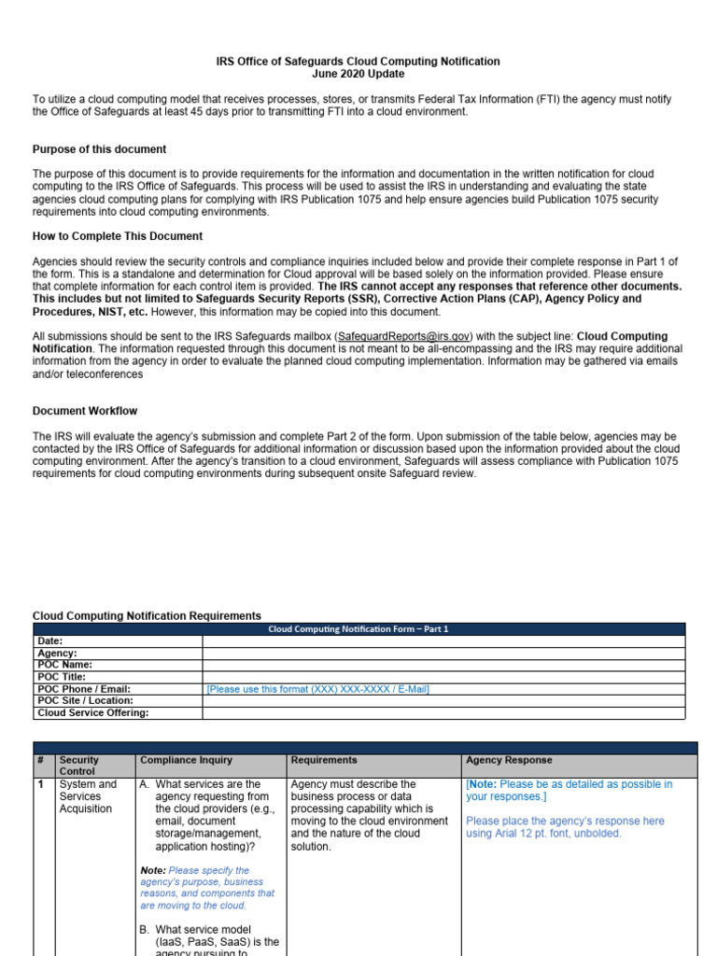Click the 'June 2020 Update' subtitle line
click(x=358, y=74)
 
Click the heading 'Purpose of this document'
click(x=100, y=149)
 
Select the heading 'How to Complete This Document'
click(x=118, y=236)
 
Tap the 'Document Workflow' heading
click(x=85, y=411)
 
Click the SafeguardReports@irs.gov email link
click(x=404, y=336)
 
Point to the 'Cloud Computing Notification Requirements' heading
click(x=147, y=616)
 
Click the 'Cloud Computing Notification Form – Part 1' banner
click(x=358, y=629)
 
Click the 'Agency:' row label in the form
click(x=57, y=654)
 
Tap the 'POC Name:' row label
click(x=64, y=665)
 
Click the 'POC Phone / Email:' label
click(x=83, y=689)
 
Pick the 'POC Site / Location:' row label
click(x=85, y=700)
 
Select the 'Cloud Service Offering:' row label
click(x=92, y=712)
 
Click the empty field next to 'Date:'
click(x=443, y=641)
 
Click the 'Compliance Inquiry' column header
click(x=186, y=761)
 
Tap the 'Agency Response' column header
click(x=509, y=761)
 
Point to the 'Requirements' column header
click(x=324, y=761)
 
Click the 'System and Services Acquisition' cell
click(x=88, y=796)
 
